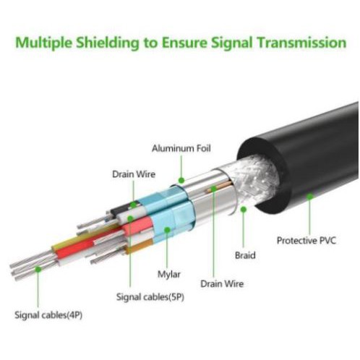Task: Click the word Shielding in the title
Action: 108,43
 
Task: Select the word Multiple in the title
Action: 43,43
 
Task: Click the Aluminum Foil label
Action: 181,148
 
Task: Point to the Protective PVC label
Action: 307,240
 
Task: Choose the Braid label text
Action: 245,255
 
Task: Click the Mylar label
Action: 169,274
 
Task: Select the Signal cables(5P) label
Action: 150,297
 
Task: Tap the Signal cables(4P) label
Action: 48,315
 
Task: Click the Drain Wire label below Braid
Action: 222,283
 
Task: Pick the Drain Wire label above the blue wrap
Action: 134,174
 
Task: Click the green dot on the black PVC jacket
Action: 310,197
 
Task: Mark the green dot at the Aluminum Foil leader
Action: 181,180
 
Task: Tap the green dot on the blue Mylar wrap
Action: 167,230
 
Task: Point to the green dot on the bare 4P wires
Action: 38,269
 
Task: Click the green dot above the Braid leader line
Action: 244,210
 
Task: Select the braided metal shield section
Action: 254,179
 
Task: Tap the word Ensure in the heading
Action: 184,43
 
